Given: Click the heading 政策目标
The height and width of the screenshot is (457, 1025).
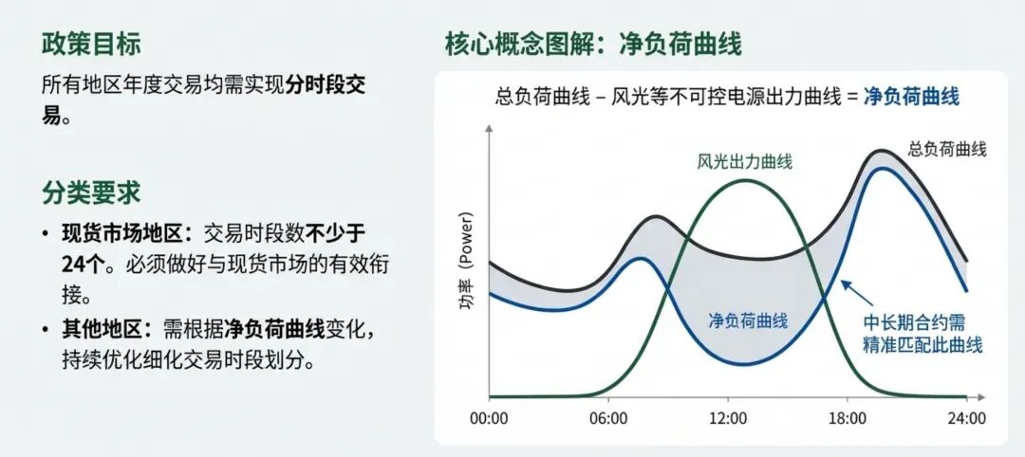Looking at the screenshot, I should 91,44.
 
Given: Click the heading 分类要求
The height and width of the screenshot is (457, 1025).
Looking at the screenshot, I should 91,192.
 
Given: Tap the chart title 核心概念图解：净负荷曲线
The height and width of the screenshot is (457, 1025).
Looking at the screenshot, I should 593,44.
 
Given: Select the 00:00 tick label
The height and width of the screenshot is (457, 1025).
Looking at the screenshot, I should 489,418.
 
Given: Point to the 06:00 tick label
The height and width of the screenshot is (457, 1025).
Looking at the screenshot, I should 608,418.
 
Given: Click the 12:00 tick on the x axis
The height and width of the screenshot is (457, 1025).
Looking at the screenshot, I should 728,418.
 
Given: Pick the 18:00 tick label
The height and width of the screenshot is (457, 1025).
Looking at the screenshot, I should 848,418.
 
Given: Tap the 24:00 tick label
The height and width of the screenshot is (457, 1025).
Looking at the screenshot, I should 966,418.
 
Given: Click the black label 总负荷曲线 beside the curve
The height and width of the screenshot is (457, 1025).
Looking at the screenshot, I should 947,149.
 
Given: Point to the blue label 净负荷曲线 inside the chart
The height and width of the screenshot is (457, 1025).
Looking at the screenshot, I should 748,320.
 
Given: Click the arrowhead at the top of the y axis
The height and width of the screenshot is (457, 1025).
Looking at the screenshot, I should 490,133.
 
